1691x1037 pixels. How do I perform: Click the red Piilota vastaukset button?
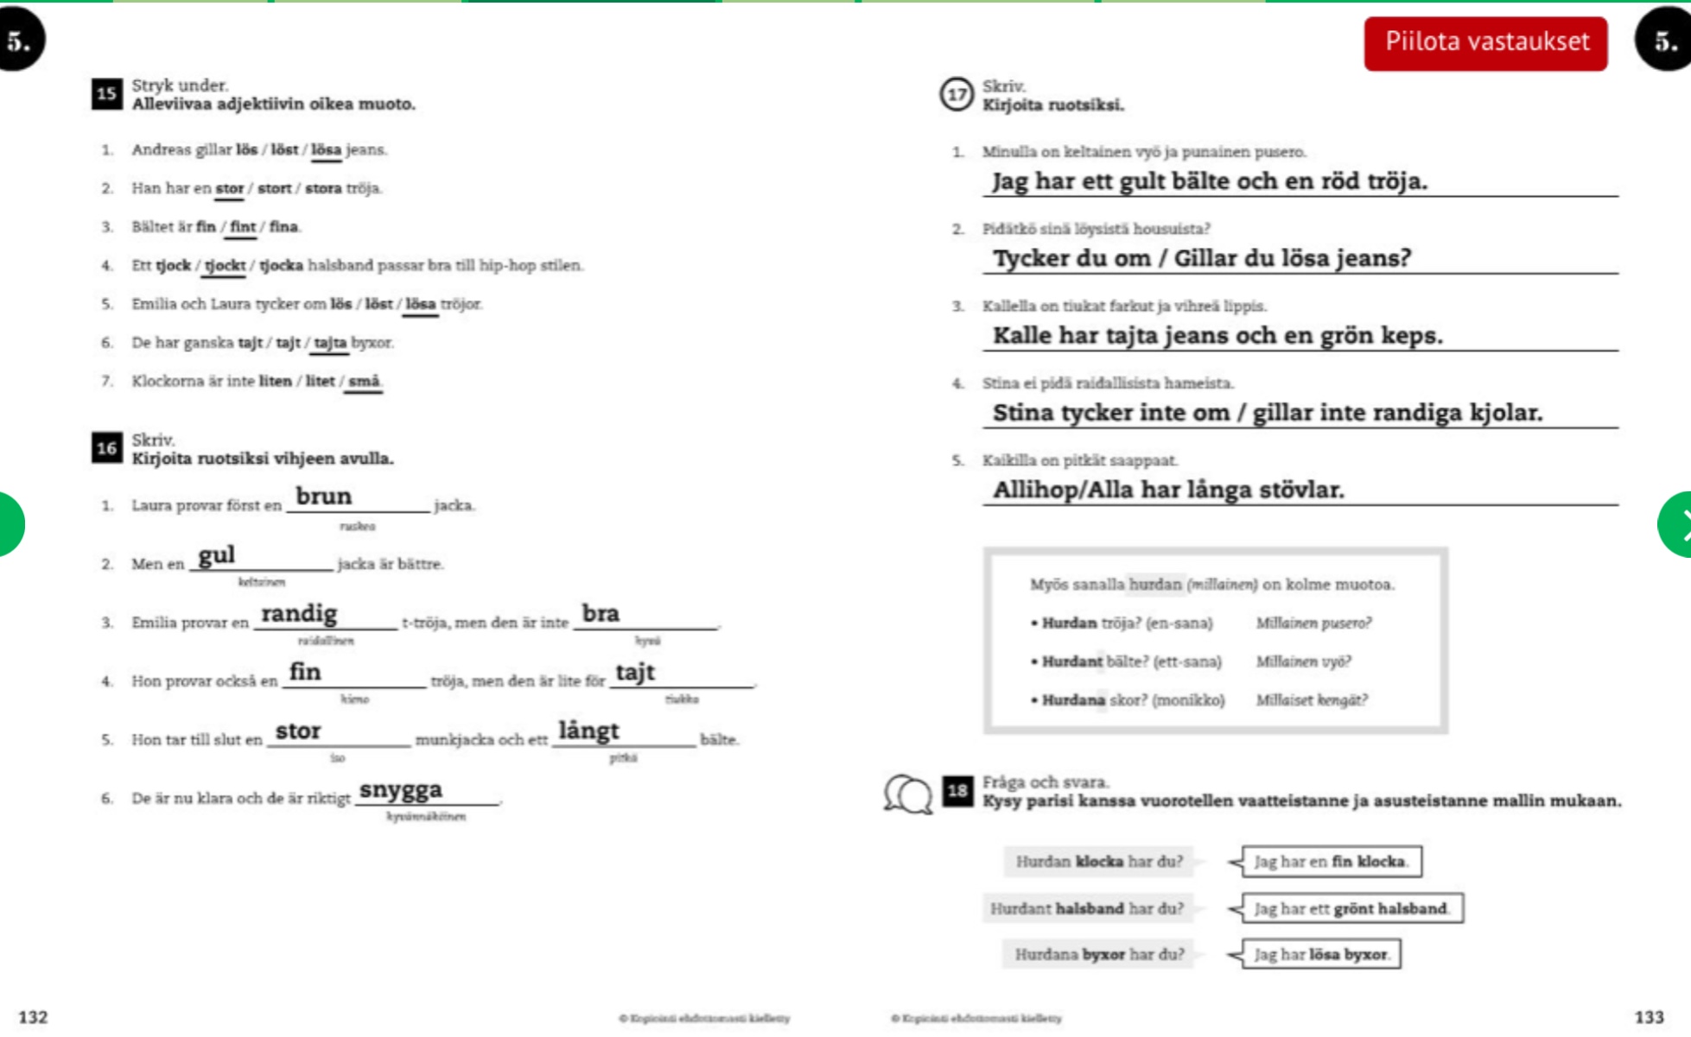pos(1485,42)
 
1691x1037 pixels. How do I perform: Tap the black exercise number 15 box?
pos(106,93)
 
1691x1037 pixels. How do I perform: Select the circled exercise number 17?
pos(957,94)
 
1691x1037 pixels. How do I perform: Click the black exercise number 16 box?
pos(106,447)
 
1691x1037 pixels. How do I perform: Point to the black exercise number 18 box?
pos(957,790)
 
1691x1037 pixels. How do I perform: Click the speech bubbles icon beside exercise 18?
pos(907,794)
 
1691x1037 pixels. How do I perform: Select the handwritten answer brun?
pos(323,496)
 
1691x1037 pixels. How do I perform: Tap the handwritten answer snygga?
pos(401,790)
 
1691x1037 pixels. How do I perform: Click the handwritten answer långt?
pos(588,731)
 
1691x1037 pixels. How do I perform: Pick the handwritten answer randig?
pos(299,614)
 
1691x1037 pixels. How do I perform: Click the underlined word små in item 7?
pos(364,381)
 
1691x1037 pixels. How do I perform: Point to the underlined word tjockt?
pos(225,265)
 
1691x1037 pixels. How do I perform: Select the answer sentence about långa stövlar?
pos(1168,490)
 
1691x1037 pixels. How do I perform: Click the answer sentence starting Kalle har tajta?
pos(1217,335)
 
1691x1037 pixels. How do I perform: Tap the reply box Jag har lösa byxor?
pos(1320,954)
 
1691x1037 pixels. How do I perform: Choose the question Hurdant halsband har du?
pos(1086,908)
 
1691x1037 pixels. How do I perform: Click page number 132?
pos(33,1017)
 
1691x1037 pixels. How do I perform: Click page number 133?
pos(1649,1017)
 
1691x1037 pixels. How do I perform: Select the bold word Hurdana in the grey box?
pos(1072,700)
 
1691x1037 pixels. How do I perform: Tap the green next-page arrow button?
pos(1676,524)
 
